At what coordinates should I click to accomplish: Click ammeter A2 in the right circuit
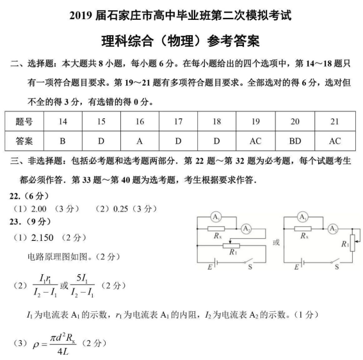(x=332, y=228)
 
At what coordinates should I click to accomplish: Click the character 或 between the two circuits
(x=277, y=243)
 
